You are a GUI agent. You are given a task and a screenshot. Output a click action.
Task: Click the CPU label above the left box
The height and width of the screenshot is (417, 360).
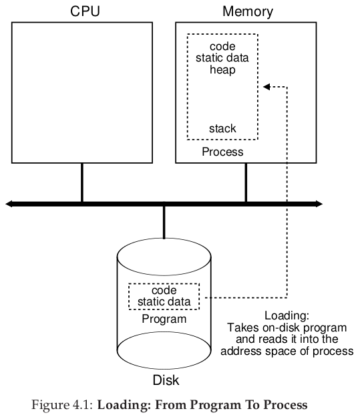85,11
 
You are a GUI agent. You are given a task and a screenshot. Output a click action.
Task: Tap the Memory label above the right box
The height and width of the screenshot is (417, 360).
248,12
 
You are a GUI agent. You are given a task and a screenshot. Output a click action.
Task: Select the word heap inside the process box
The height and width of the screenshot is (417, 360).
222,70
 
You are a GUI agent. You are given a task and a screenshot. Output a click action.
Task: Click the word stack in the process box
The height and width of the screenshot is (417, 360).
222,129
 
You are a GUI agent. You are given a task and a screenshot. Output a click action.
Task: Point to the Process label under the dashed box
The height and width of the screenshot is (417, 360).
222,152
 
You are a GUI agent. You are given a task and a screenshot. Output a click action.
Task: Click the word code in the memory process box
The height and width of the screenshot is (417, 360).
222,47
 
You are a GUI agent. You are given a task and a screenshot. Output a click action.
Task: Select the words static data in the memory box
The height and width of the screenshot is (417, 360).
222,58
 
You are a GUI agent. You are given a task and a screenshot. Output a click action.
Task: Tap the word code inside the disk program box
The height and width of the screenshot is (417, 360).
164,291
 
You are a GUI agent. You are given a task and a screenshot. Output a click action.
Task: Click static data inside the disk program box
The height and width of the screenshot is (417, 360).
164,302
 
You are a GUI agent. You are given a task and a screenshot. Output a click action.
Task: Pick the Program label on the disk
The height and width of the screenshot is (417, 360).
164,319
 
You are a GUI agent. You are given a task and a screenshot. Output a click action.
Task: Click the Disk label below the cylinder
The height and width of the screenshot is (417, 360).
166,380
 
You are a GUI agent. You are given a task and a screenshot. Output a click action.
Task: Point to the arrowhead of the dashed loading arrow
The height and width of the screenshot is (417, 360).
266,87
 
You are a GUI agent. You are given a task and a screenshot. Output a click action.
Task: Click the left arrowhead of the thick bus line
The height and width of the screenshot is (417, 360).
9,204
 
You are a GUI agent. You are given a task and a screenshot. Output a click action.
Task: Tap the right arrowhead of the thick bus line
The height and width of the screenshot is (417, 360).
319,204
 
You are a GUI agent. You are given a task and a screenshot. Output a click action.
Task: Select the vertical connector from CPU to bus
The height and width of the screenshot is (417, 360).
82,182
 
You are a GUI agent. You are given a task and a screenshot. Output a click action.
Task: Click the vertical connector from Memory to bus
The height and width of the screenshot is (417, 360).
246,182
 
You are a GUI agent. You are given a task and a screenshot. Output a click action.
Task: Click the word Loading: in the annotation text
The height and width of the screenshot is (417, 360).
287,316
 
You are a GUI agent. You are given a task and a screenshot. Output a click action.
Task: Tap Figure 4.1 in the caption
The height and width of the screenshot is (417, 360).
62,405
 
